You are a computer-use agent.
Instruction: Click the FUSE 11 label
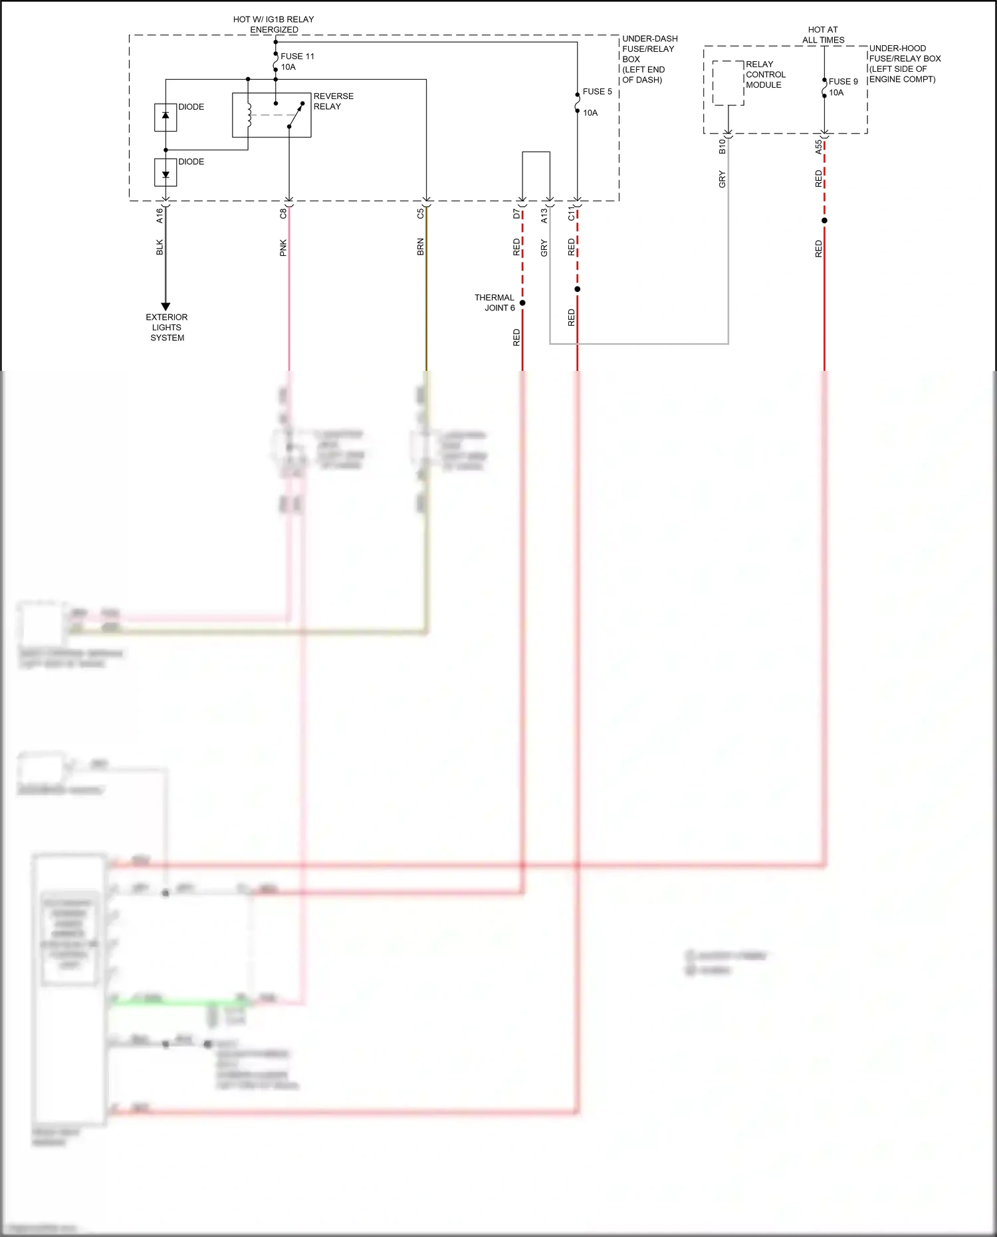297,56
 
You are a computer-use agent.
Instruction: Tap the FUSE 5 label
597,92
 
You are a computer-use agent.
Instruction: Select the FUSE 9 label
843,82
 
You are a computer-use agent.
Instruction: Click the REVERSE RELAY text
333,101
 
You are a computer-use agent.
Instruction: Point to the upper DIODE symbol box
166,117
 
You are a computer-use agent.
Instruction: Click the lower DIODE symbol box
166,173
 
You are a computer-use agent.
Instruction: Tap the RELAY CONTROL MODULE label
765,74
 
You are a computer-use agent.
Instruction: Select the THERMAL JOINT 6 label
495,302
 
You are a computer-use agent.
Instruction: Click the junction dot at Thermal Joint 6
522,303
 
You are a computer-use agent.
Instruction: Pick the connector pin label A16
160,215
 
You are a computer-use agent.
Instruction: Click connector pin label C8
283,214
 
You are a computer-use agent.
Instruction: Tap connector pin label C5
420,214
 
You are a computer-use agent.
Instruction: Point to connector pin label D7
516,214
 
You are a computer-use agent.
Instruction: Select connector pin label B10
722,147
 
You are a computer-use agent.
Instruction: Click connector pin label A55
818,147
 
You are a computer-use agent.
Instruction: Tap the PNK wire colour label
283,248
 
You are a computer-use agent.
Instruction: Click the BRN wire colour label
420,247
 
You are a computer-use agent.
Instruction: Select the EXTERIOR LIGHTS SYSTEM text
167,327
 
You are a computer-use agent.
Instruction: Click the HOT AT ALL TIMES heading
823,35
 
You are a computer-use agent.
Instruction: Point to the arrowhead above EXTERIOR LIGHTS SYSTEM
166,306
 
